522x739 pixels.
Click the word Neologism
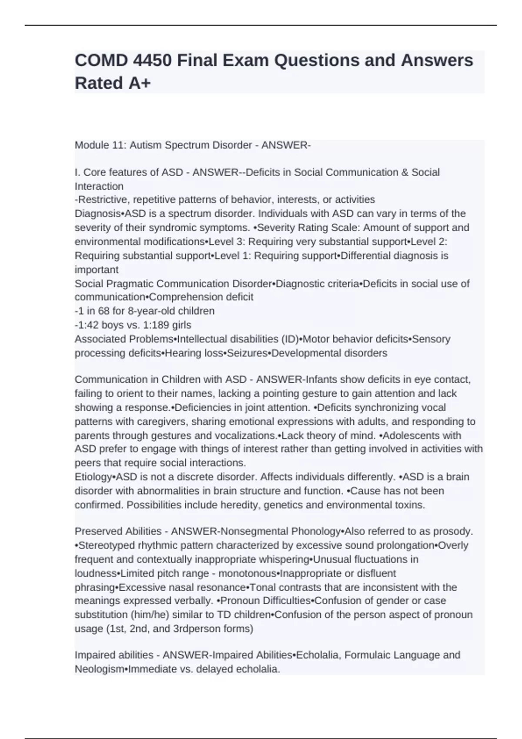99,669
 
